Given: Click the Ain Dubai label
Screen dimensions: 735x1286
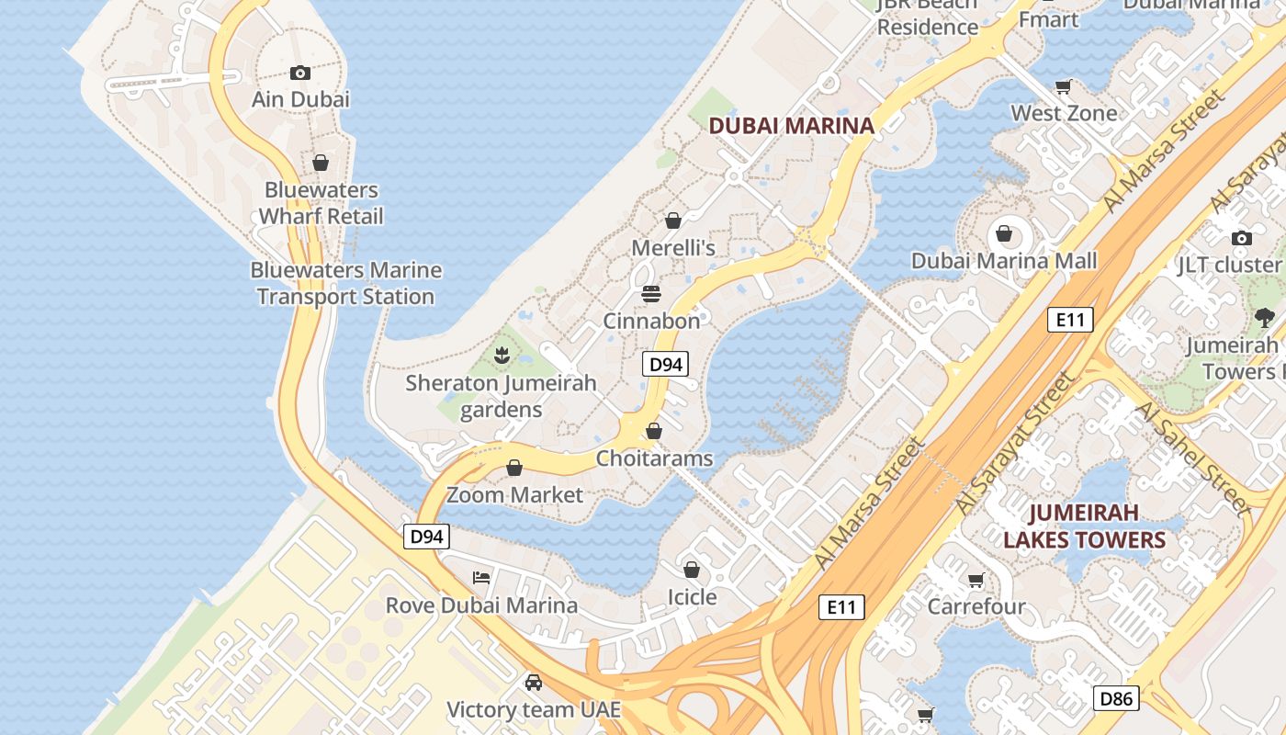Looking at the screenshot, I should pyautogui.click(x=300, y=99).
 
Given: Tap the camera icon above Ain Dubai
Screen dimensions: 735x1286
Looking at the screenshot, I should pyautogui.click(x=300, y=73).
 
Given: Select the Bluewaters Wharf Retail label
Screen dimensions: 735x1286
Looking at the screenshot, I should pyautogui.click(x=321, y=203).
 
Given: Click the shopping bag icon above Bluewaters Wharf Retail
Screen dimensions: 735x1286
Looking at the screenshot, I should pyautogui.click(x=321, y=164).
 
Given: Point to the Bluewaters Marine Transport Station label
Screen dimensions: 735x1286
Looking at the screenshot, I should pyautogui.click(x=345, y=283).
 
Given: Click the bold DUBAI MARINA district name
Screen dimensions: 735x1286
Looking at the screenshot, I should pyautogui.click(x=791, y=126).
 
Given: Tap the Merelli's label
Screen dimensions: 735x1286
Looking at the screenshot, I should pyautogui.click(x=673, y=248).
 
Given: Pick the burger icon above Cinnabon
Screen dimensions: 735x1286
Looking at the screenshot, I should pyautogui.click(x=651, y=294).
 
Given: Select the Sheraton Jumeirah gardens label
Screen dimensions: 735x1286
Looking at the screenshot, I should pyautogui.click(x=501, y=396).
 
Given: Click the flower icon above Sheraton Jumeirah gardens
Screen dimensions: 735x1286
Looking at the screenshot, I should pyautogui.click(x=502, y=355).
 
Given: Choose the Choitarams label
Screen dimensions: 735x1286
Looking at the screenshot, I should pyautogui.click(x=654, y=458).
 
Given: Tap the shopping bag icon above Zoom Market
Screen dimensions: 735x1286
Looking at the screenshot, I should pyautogui.click(x=514, y=469).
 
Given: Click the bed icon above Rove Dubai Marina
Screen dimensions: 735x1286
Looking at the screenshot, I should pyautogui.click(x=481, y=578).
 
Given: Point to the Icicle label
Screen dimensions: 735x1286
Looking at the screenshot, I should pyautogui.click(x=692, y=597).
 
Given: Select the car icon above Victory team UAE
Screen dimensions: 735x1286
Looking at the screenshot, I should pyautogui.click(x=534, y=683).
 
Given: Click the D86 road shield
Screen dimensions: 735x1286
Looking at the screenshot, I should pyautogui.click(x=1116, y=698).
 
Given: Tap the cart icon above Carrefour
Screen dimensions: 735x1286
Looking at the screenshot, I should pyautogui.click(x=976, y=581).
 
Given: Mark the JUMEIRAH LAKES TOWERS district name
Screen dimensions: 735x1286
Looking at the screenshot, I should pyautogui.click(x=1084, y=526).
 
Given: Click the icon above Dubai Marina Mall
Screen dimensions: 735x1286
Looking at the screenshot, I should pyautogui.click(x=1004, y=233).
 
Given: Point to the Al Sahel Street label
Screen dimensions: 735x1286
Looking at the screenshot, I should pyautogui.click(x=1191, y=457).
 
